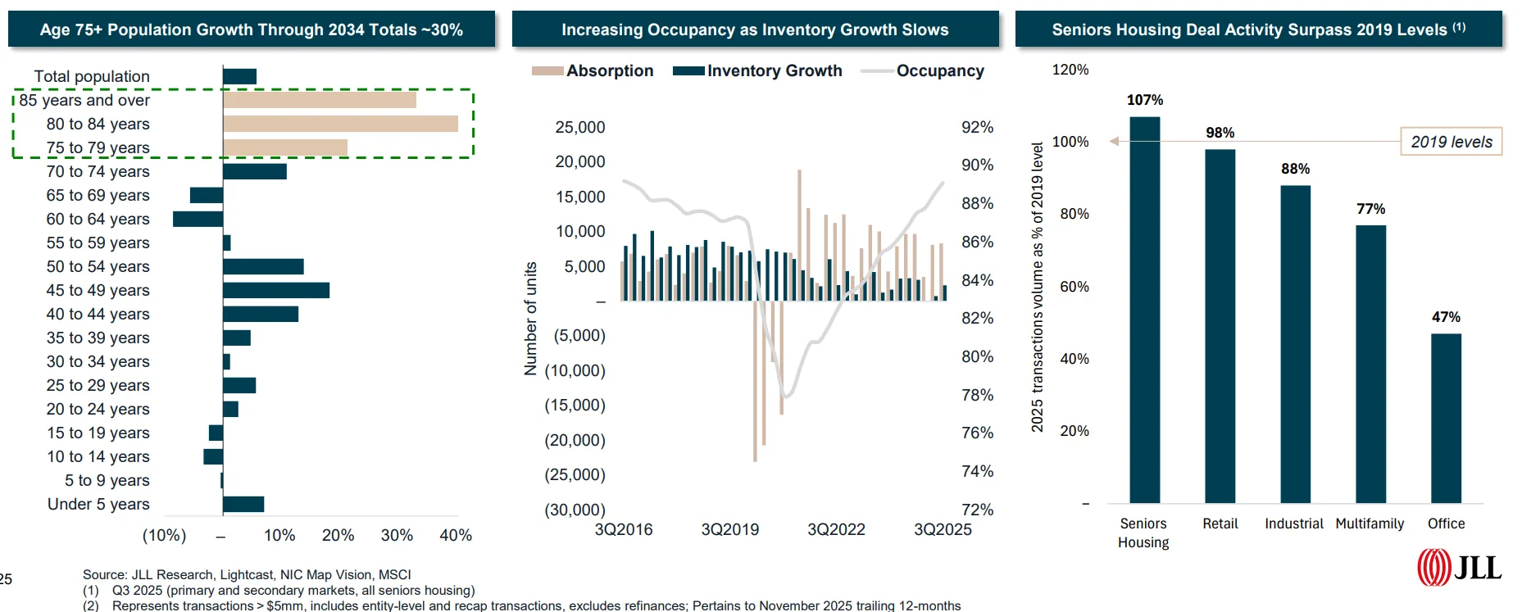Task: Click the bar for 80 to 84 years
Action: coord(340,124)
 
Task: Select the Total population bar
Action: coord(239,76)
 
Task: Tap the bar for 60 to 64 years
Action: coord(198,219)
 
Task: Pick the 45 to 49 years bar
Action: coord(276,290)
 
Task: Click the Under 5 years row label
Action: coord(98,504)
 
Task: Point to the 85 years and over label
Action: coord(84,100)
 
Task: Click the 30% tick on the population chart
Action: coord(397,535)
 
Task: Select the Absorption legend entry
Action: coord(593,71)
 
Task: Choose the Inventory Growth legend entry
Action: coord(757,71)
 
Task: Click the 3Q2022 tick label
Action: coord(836,529)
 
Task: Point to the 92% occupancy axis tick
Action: coord(977,127)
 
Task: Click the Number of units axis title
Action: coord(530,319)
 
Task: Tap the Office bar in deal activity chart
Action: coord(1446,418)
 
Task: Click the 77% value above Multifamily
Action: coord(1370,209)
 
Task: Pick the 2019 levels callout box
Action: coord(1451,142)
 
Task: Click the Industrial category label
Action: coord(1293,524)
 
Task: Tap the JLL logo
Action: coord(1460,567)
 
